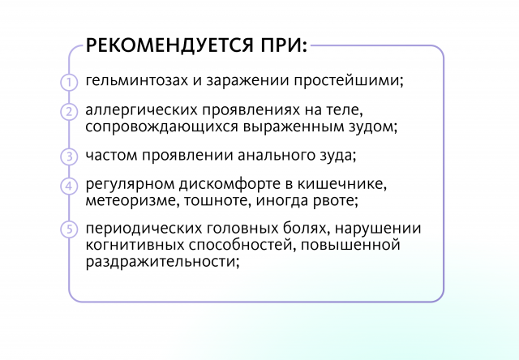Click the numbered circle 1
coord(69,82)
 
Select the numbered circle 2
coord(69,112)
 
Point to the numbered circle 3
coord(69,156)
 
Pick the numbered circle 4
coord(69,186)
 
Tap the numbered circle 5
coord(69,229)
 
